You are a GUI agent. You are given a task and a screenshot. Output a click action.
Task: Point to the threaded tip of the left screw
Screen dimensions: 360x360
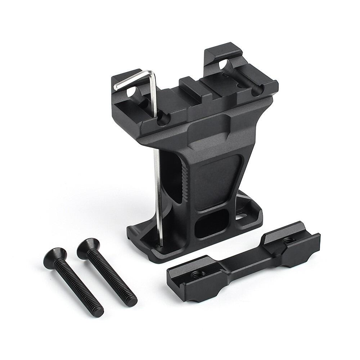[x=98, y=310]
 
